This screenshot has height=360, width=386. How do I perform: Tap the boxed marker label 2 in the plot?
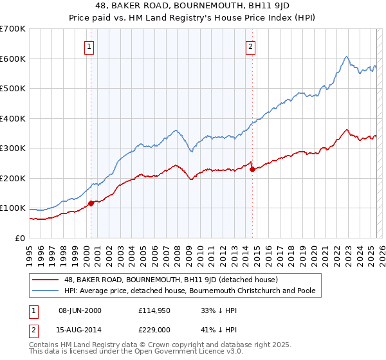(x=250, y=46)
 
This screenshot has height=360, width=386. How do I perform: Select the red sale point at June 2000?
(x=91, y=203)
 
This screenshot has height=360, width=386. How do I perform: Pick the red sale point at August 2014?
(x=252, y=170)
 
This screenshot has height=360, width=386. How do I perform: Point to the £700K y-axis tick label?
(x=13, y=29)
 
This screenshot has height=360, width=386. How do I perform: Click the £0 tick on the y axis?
(x=21, y=238)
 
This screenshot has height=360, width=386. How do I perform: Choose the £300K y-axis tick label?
(x=13, y=148)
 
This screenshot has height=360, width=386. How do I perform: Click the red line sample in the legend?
(x=46, y=280)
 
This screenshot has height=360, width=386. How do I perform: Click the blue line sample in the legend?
(x=46, y=291)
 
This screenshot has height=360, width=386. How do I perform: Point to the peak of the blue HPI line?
(x=346, y=57)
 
